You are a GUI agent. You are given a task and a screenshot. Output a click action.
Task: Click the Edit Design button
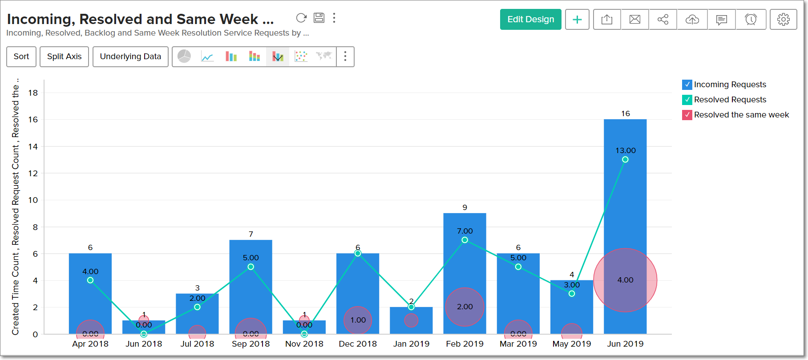[x=530, y=20]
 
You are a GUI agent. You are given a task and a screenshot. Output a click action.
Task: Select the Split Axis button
[x=64, y=57]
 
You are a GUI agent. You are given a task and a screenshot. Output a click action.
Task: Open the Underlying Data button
[x=130, y=57]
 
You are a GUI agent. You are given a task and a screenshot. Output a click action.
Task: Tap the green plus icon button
[x=577, y=20]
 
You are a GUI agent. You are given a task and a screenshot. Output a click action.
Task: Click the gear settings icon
[x=783, y=20]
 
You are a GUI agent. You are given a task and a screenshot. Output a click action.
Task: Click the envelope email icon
[x=635, y=20]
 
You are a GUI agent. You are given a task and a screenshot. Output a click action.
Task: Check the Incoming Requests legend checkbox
[x=687, y=85]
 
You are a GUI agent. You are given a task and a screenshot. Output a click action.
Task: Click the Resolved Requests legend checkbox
[x=687, y=100]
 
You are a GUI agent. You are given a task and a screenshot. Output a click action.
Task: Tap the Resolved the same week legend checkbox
[x=687, y=115]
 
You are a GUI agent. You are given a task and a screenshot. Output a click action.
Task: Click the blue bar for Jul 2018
[x=197, y=316]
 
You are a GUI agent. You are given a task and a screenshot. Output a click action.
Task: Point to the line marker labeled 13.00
[x=625, y=159]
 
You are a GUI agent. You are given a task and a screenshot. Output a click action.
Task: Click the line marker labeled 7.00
[x=465, y=240]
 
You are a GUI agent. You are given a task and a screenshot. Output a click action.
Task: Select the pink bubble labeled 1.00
[x=358, y=320]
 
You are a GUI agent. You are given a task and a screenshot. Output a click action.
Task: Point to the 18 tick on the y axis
[x=33, y=93]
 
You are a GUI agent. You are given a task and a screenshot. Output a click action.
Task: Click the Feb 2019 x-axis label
[x=465, y=344]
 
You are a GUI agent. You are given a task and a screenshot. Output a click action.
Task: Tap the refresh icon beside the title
[x=301, y=18]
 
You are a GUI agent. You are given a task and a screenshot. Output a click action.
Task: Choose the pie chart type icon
[x=184, y=57]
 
